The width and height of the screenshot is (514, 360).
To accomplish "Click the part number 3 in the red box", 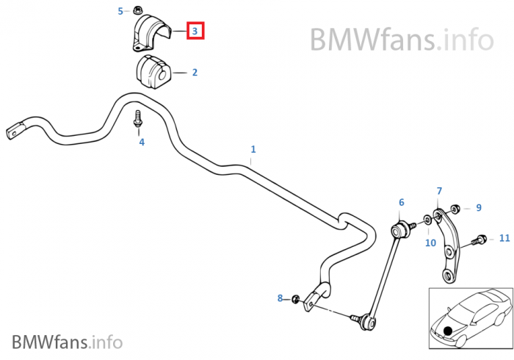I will pos(195,31).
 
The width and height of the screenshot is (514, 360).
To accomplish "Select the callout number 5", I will pos(121,11).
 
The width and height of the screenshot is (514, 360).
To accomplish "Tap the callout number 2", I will pos(195,73).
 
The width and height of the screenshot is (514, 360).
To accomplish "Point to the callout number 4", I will pos(142,142).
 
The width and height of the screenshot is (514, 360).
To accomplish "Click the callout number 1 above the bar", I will pos(253,149).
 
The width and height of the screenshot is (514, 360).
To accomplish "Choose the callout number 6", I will pos(402,202).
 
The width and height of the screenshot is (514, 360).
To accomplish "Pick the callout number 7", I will pos(439,191).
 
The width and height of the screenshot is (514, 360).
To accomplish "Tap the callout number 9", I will pos(478,208).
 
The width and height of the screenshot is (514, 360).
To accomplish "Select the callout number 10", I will pos(431,242).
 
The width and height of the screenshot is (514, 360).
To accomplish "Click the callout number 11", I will pos(504,238).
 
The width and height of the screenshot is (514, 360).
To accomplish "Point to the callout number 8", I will pos(280,298).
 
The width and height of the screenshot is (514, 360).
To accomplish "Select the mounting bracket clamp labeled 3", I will pos(151,32).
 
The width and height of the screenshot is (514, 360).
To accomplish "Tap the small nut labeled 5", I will pos(138,10).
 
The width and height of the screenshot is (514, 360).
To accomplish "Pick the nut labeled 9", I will pos(456,208).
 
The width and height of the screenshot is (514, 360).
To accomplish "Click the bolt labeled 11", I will pos(479,240).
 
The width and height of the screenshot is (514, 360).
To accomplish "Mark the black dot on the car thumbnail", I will pos(447,331).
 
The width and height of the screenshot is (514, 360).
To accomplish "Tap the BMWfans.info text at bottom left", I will pos(68,342).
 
